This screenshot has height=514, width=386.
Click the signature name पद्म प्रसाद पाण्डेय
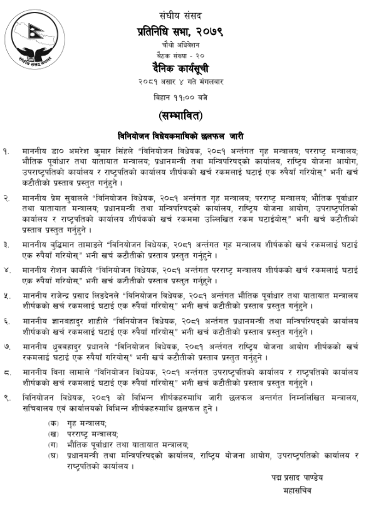293,478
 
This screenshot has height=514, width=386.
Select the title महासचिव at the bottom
296,491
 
